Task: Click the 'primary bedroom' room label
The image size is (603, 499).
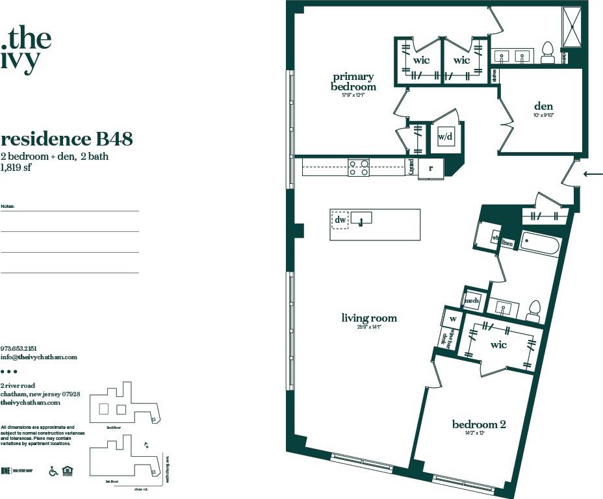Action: coord(353,82)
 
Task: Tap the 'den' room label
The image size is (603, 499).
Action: coord(543,107)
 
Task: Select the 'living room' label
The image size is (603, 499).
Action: coord(369,318)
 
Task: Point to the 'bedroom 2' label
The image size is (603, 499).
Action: coord(479,424)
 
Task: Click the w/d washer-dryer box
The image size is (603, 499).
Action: coord(445,137)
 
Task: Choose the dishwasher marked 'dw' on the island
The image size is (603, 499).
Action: coord(339,220)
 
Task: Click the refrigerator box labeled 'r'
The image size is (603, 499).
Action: coord(430,168)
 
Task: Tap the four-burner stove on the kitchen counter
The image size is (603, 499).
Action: coord(359,168)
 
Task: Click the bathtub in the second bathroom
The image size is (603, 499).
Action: coord(539,246)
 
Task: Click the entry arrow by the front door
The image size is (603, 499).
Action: coord(593,173)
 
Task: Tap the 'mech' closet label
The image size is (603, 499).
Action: coord(472,300)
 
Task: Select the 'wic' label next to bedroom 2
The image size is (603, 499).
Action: coord(498,344)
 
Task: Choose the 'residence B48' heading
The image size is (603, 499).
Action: coord(67,139)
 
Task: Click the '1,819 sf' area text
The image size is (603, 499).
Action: coord(16,167)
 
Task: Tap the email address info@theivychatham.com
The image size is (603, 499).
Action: coord(39,357)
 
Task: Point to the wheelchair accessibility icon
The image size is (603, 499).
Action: coord(53,471)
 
